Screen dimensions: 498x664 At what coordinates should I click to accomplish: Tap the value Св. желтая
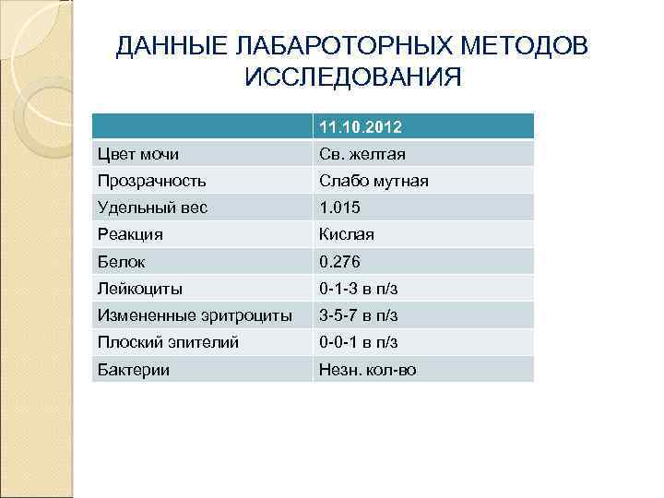(x=362, y=154)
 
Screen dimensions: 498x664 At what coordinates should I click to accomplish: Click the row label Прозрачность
(x=152, y=181)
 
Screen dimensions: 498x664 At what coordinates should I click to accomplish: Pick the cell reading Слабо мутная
(x=373, y=181)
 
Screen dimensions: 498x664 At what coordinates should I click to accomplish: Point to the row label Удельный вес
(x=152, y=207)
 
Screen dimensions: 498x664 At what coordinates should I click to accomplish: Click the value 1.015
(x=340, y=207)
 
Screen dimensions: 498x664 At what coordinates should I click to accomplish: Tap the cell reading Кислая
(x=347, y=235)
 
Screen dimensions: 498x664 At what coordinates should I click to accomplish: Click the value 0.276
(x=340, y=262)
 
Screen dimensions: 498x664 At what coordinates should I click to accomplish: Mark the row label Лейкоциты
(x=140, y=289)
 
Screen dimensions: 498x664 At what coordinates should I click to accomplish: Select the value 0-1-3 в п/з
(x=359, y=289)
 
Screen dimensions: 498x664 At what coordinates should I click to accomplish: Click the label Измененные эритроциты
(x=195, y=315)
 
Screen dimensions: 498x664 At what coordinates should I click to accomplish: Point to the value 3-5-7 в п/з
(x=359, y=315)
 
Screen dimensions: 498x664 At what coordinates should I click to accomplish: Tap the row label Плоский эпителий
(x=168, y=342)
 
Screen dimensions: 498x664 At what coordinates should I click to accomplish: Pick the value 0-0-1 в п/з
(x=359, y=342)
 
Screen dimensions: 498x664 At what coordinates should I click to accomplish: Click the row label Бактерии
(x=134, y=370)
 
